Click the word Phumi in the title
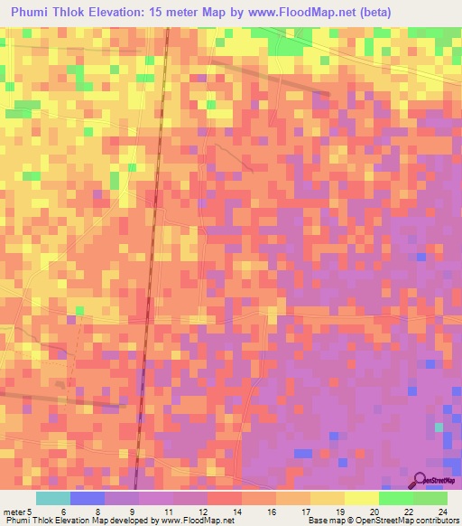(34, 13)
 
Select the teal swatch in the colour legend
(52, 498)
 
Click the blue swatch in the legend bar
(88, 498)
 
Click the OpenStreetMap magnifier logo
(420, 482)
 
